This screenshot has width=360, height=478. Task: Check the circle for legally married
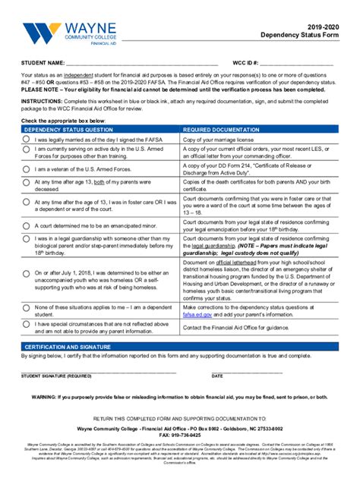pyautogui.click(x=27, y=140)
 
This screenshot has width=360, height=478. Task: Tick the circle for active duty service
pyautogui.click(x=27, y=154)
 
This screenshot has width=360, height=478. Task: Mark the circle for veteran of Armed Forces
pyautogui.click(x=27, y=169)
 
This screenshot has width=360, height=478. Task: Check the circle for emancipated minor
pyautogui.click(x=27, y=225)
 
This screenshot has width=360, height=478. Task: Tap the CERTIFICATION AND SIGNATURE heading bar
pyautogui.click(x=180, y=347)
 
